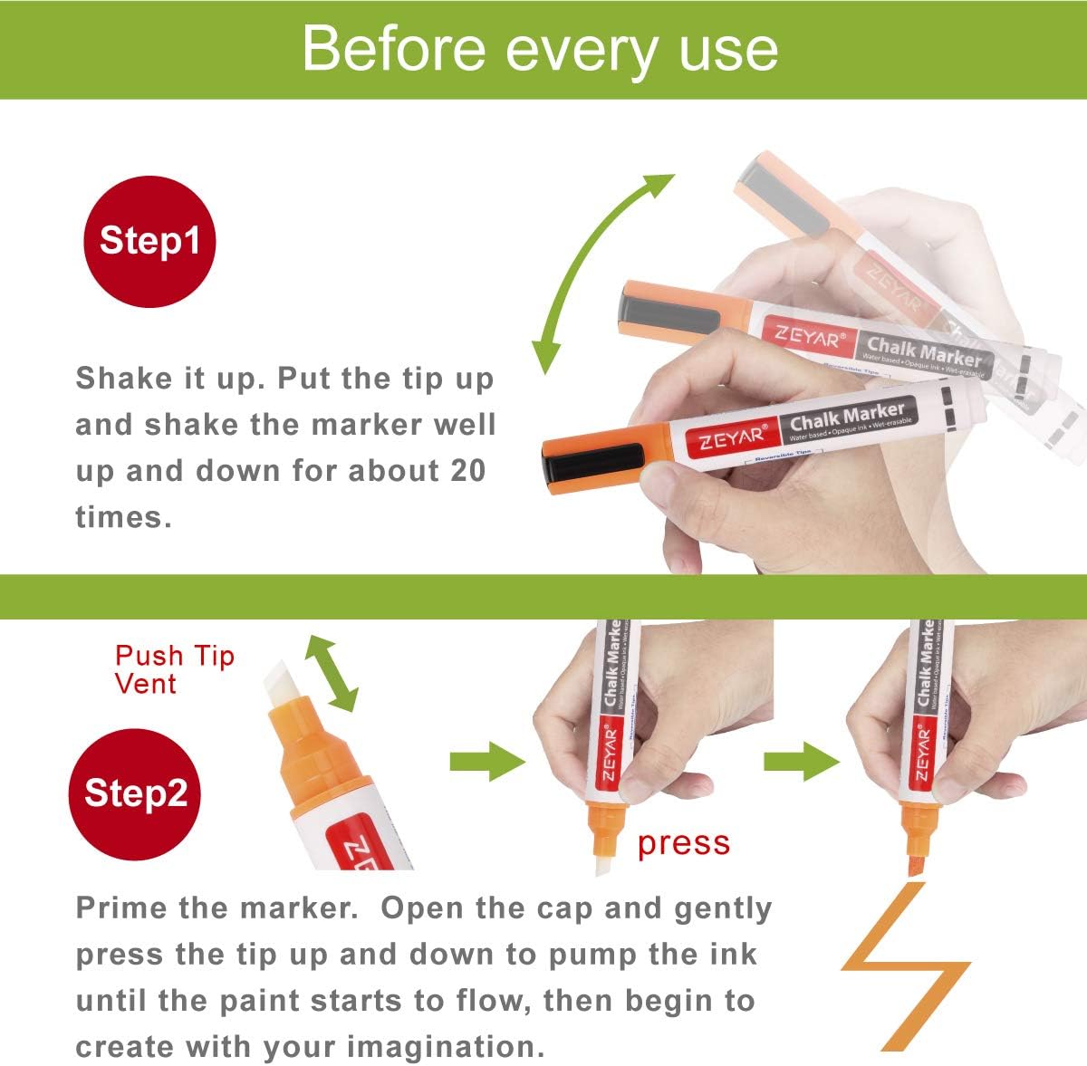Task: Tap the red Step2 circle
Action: pos(136,793)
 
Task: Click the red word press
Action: pos(683,843)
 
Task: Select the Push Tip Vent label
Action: pos(174,668)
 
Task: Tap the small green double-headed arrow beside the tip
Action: pos(332,673)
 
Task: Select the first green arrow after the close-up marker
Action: pos(487,761)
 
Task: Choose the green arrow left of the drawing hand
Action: pos(801,761)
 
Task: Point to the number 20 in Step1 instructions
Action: pos(465,471)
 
